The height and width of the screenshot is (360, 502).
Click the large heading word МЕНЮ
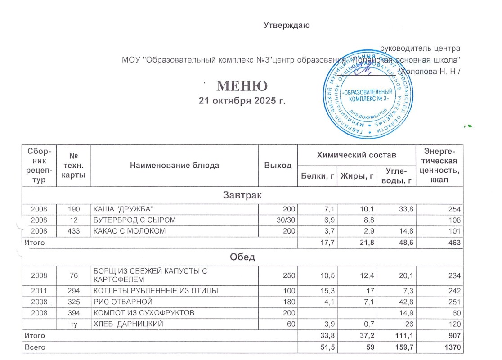[x=242, y=86]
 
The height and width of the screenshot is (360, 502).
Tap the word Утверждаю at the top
[x=287, y=25]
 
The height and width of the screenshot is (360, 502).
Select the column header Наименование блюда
[x=174, y=165]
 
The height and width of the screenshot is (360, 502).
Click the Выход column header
[x=278, y=166]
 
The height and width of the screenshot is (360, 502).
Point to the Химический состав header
[x=357, y=155]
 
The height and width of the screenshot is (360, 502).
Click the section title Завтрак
[x=242, y=196]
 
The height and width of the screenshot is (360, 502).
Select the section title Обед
[x=242, y=257]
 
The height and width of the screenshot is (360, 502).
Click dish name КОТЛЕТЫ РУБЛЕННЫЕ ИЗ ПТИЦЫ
[x=156, y=291]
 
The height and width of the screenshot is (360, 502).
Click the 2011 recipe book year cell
[x=38, y=291]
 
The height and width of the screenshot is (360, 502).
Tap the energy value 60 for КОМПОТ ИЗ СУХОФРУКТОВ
[x=457, y=313]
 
